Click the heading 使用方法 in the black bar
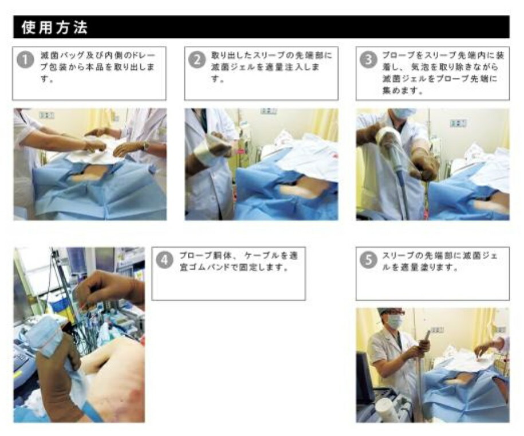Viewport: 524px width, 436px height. click(x=54, y=28)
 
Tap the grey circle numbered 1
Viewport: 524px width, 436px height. click(x=25, y=61)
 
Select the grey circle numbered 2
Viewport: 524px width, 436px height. click(x=197, y=61)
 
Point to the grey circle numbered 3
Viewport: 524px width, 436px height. click(x=368, y=61)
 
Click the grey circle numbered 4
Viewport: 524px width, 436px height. click(x=164, y=260)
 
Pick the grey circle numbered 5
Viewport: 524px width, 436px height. click(x=368, y=260)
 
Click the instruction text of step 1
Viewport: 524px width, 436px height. click(x=97, y=67)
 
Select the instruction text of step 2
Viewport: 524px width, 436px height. click(x=271, y=67)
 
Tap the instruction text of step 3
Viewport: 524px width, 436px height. click(x=443, y=73)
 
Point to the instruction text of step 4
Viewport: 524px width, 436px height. click(x=238, y=261)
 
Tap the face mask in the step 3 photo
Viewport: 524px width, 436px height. click(x=404, y=113)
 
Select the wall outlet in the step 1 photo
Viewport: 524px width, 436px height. click(x=46, y=115)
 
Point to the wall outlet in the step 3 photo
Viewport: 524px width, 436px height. click(x=458, y=123)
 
